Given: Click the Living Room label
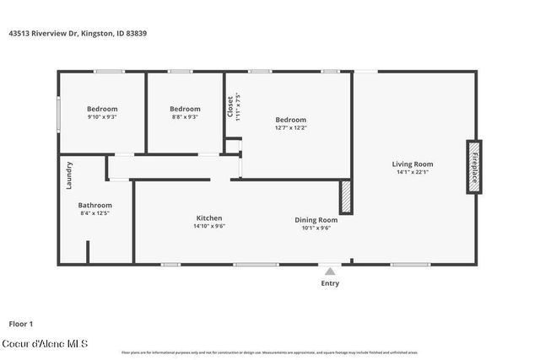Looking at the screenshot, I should (x=412, y=164).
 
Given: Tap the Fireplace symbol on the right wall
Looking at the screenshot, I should (x=474, y=167).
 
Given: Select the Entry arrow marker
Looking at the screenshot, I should (x=329, y=271).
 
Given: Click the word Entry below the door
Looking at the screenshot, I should (x=329, y=283).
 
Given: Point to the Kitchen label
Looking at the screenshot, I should (x=209, y=218).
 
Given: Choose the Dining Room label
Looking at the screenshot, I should (x=316, y=219).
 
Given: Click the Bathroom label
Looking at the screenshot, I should (x=94, y=205).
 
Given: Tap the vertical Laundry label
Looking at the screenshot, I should (x=69, y=175).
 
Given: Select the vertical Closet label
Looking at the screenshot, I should (x=230, y=105).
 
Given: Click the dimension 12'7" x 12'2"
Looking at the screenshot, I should (x=290, y=127).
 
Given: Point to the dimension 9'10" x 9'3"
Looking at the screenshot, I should (x=102, y=117).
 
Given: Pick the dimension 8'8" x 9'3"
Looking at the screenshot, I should (x=185, y=117).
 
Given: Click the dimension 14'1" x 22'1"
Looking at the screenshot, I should (x=412, y=172).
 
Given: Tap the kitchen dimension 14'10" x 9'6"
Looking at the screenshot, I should (x=209, y=226).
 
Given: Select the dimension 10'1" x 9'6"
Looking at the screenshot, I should (x=316, y=228).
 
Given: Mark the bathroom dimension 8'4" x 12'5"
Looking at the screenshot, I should (x=94, y=213).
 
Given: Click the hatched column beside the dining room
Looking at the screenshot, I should (x=345, y=196).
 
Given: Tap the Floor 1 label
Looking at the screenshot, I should (x=20, y=323).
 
